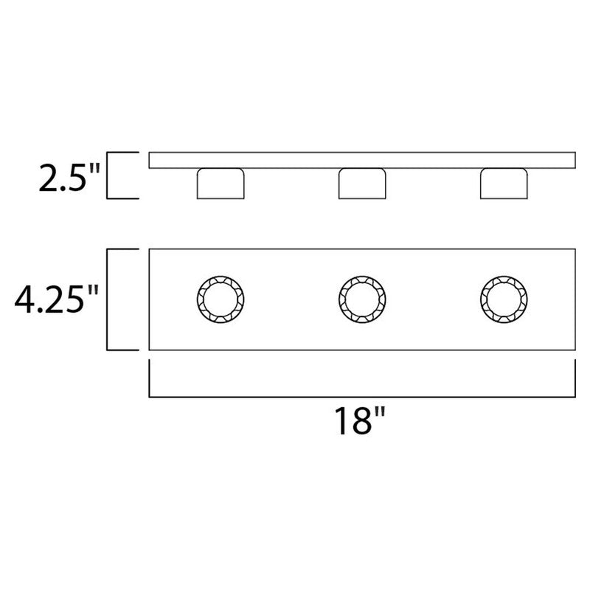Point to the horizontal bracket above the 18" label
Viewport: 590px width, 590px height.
[x=362, y=397]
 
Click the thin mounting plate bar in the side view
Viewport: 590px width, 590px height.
[x=362, y=160]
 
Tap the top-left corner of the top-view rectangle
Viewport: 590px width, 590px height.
[x=150, y=251]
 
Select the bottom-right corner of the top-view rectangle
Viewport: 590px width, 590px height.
[x=575, y=350]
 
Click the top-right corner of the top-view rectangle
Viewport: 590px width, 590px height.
[x=575, y=251]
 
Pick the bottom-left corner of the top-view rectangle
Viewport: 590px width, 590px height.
[x=150, y=350]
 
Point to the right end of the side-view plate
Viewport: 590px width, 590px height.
[x=573, y=160]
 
